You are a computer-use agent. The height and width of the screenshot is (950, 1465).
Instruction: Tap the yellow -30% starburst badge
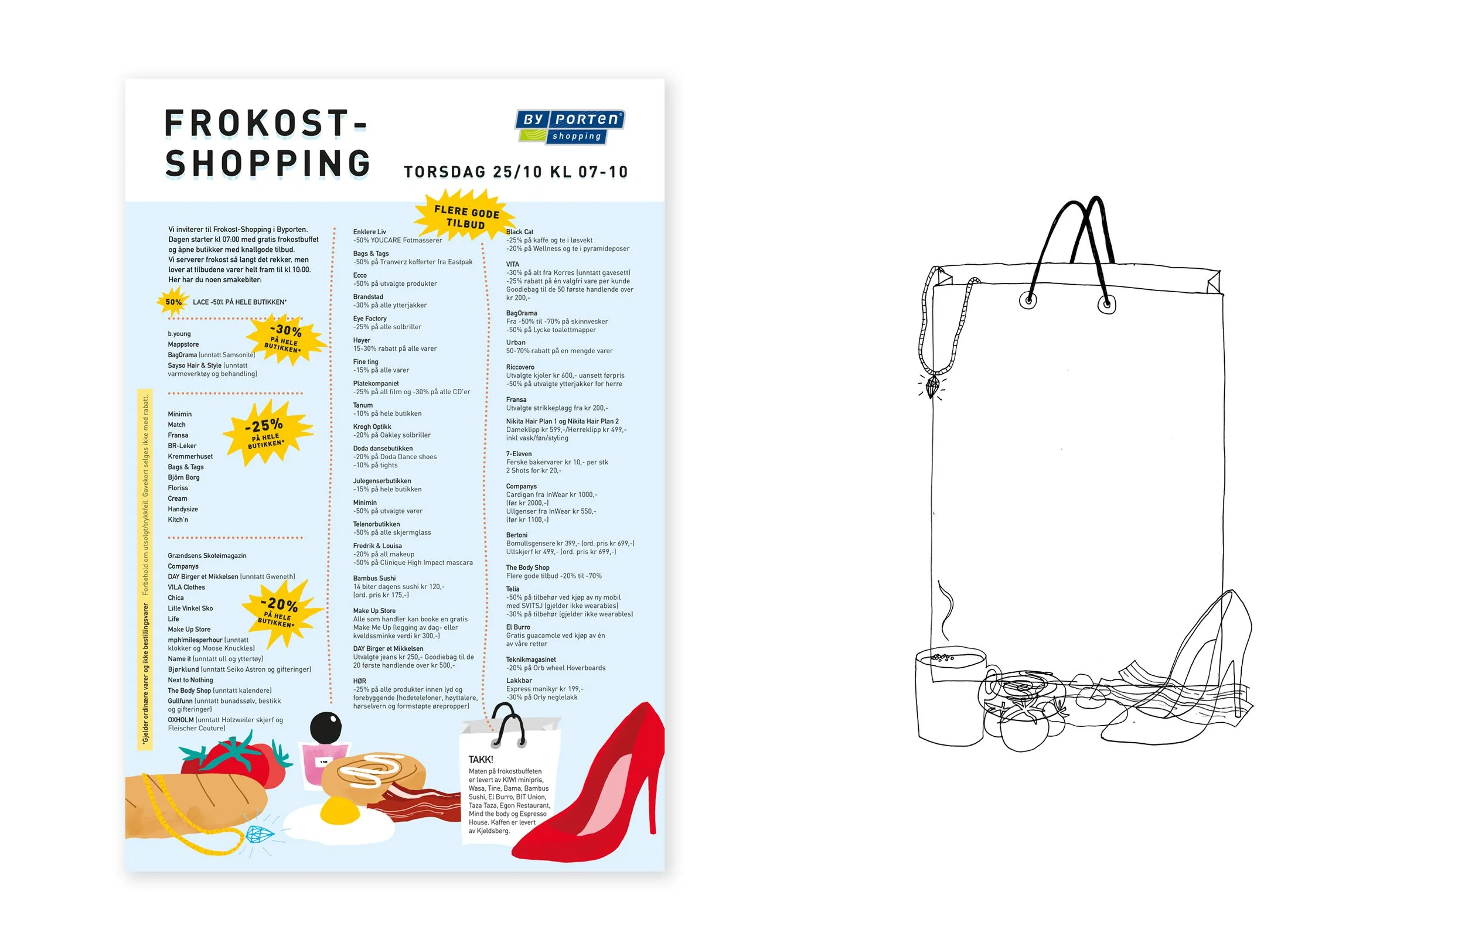(284, 338)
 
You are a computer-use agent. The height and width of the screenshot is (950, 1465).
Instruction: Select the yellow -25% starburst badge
(267, 433)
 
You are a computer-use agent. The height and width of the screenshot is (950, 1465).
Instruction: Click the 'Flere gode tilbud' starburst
(466, 217)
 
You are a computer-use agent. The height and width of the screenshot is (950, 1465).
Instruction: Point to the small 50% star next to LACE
(173, 302)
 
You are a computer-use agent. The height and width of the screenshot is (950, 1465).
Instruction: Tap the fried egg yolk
(340, 811)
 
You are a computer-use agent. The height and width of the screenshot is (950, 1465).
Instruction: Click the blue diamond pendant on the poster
(259, 835)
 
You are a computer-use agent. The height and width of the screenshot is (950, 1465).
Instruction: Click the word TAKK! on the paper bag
(481, 760)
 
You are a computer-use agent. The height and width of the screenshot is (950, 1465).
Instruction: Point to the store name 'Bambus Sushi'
(374, 578)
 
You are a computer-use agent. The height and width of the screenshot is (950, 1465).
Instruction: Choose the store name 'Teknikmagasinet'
(530, 659)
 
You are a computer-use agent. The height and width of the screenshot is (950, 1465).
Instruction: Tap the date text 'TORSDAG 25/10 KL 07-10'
(516, 172)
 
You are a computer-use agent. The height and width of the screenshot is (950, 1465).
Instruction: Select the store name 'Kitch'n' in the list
(178, 520)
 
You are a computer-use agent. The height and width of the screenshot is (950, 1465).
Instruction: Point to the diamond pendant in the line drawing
(932, 387)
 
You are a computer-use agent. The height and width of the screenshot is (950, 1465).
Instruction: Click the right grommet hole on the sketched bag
(1107, 304)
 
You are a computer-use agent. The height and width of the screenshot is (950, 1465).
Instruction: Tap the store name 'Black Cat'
(520, 232)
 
